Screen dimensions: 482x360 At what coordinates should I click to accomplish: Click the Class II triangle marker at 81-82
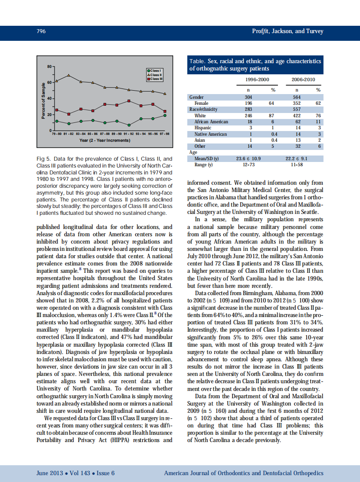tap(69, 75)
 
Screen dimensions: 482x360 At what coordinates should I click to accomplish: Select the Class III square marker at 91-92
tap(129, 101)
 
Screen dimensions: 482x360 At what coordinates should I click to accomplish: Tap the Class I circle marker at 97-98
tap(165, 115)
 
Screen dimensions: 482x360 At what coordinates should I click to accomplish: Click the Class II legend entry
tap(154, 75)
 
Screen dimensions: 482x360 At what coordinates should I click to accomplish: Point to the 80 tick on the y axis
tap(49, 67)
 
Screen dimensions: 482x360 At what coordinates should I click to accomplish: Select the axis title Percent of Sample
tap(43, 98)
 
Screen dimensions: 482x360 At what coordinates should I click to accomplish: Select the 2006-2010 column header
tap(303, 80)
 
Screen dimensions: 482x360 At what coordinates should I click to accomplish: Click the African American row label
tap(211, 122)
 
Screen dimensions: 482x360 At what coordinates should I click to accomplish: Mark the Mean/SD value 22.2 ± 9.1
tap(296, 159)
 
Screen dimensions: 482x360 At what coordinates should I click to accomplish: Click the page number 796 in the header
tap(41, 31)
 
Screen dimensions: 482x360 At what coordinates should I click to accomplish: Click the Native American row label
tap(211, 134)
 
